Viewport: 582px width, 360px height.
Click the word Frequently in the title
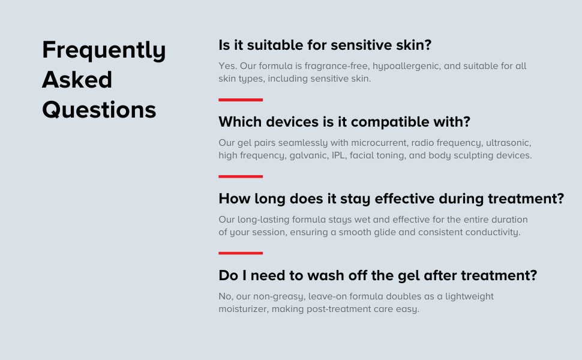click(104, 50)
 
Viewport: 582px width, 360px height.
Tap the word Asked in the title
click(77, 79)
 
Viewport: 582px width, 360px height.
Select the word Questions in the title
click(99, 110)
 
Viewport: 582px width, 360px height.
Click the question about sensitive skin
click(325, 45)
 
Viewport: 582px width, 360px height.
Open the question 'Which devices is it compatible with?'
click(344, 122)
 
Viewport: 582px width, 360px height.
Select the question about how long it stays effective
click(391, 199)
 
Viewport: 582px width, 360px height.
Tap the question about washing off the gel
click(378, 275)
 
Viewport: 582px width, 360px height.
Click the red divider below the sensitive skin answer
click(241, 100)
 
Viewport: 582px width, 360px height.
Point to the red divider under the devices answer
click(241, 176)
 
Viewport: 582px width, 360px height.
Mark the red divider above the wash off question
click(241, 253)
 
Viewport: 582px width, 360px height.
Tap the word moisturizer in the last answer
click(244, 309)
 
